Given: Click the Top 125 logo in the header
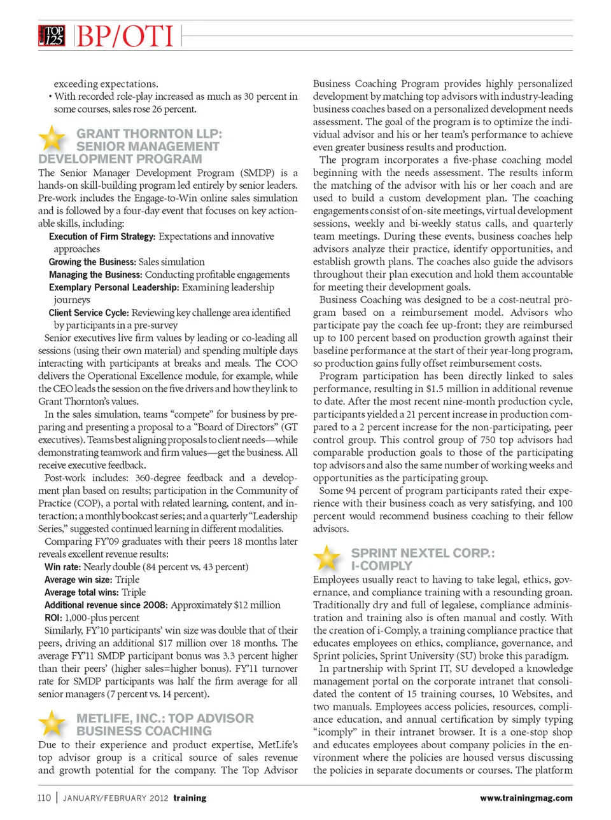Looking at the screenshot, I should click(x=52, y=36).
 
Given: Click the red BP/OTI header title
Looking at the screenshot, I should click(x=125, y=36).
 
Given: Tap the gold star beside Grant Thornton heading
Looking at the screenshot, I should click(x=52, y=138).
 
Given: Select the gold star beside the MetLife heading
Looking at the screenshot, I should click(x=52, y=723).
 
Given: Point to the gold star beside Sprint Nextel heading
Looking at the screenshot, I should click(x=327, y=557).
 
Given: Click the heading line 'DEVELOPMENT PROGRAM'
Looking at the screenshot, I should click(x=120, y=159).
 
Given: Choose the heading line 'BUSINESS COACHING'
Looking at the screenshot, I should click(x=144, y=731).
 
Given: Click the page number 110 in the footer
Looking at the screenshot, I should click(x=44, y=798).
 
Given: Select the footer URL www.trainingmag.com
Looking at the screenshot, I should click(x=526, y=798).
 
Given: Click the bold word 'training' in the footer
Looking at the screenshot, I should click(x=190, y=798).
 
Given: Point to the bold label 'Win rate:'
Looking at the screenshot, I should click(x=62, y=567).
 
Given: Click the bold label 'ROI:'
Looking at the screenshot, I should click(x=53, y=618).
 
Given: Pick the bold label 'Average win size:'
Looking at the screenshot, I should click(x=78, y=580).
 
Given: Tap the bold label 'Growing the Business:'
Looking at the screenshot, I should click(x=92, y=262).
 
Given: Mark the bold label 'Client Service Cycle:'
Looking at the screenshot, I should click(x=89, y=313).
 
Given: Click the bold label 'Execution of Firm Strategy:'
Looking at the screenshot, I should click(x=102, y=236).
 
